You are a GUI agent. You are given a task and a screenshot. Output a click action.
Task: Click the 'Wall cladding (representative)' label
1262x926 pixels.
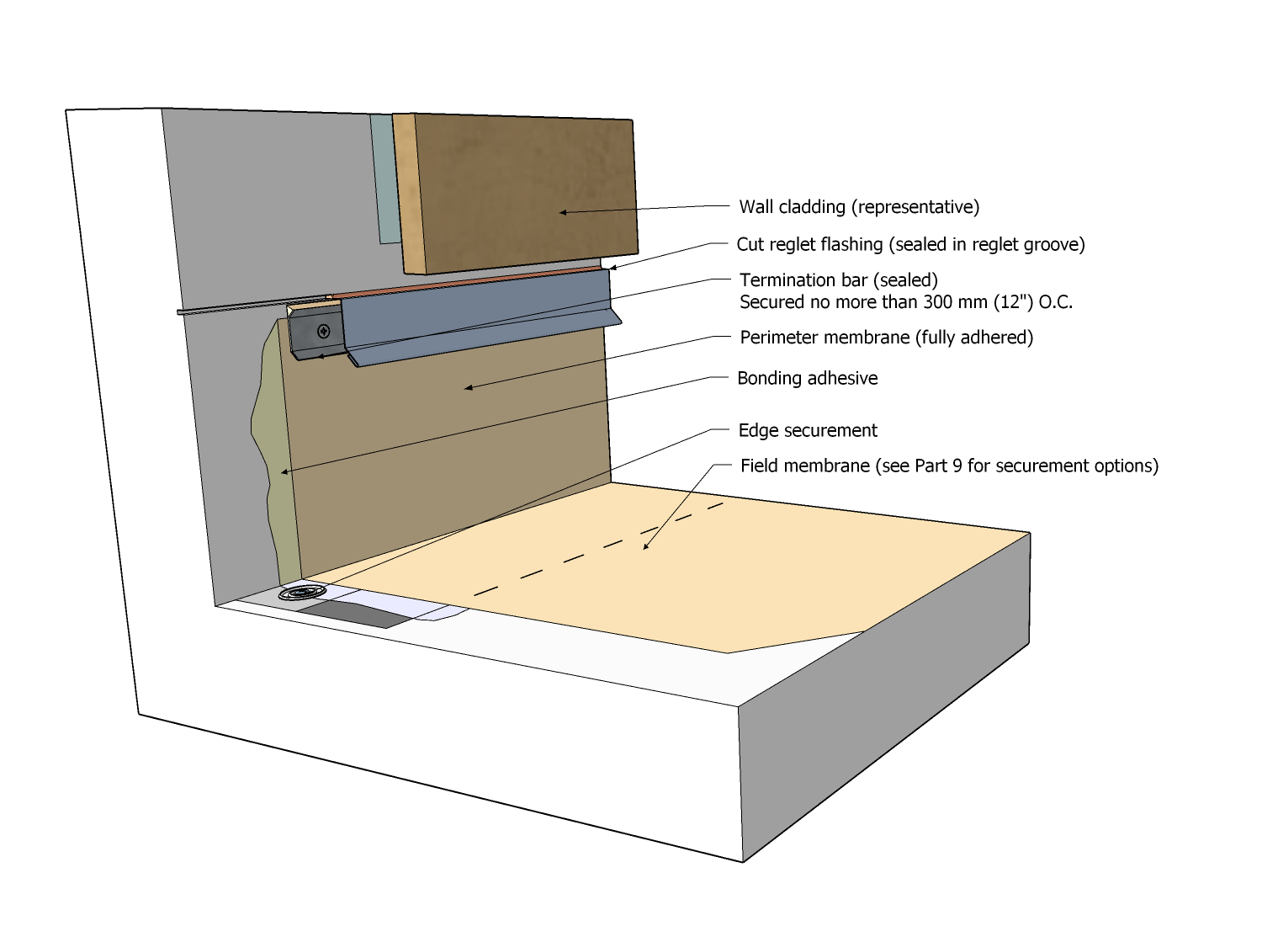(x=859, y=207)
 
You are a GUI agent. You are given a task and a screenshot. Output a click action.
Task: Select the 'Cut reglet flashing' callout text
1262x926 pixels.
(x=910, y=244)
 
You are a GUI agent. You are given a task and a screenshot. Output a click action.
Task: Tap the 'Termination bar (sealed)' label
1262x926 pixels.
(x=838, y=280)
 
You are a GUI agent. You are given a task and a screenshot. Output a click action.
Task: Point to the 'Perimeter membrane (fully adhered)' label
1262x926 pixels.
(x=886, y=338)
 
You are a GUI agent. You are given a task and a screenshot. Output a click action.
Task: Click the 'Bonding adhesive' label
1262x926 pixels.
(x=807, y=379)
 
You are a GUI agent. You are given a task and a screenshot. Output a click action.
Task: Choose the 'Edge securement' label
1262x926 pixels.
(x=808, y=431)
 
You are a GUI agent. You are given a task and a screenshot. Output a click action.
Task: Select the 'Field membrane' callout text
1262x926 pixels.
(x=949, y=466)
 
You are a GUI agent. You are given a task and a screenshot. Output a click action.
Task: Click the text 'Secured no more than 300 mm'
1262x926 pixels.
(x=863, y=302)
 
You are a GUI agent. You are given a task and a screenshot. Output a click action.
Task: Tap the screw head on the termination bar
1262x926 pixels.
(x=323, y=332)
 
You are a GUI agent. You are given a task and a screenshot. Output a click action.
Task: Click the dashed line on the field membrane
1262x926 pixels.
(x=597, y=550)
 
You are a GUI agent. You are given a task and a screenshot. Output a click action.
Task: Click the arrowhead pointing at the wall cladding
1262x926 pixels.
(x=563, y=212)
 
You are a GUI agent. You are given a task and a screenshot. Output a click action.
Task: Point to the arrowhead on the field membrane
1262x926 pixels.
(x=646, y=546)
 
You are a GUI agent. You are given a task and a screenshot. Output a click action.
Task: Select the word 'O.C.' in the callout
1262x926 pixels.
(x=1056, y=302)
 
